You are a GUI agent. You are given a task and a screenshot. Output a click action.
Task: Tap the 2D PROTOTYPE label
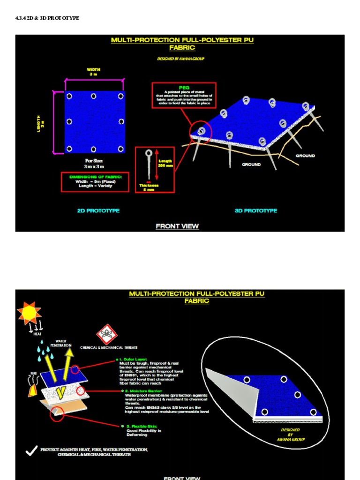98,211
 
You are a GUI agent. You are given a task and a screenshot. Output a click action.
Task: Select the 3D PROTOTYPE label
255,211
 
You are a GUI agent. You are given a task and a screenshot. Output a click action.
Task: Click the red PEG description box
184,95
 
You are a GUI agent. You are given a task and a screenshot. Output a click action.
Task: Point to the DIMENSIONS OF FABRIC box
94,181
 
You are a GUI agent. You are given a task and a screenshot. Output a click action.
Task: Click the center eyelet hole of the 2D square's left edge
69,121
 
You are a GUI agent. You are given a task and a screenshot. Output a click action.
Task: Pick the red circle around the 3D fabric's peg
201,131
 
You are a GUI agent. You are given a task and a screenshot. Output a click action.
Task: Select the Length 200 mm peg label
165,163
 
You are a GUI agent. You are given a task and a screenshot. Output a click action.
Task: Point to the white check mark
31,451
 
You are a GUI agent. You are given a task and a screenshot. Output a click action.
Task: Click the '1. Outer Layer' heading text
134,359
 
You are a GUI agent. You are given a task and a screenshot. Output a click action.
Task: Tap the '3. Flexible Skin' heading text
139,426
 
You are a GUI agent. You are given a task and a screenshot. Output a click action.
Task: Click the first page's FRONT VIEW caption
177,226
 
